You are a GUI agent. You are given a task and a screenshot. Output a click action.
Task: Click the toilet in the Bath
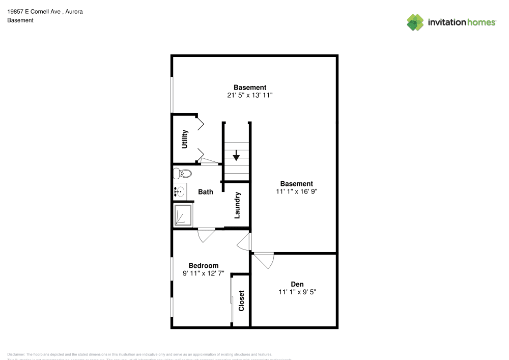[180, 173]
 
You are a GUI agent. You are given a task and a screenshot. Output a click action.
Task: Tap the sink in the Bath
[180, 192]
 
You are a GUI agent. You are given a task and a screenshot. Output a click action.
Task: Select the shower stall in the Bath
[183, 215]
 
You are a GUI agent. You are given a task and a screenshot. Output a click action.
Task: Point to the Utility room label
[185, 139]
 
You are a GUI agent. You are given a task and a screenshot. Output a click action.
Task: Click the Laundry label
[237, 205]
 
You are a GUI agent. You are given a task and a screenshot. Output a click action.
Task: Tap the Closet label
[241, 301]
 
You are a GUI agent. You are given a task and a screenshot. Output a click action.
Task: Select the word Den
[297, 284]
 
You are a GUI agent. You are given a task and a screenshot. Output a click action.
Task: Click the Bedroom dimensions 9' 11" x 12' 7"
[204, 273]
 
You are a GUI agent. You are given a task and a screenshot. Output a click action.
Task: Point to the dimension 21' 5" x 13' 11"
[250, 95]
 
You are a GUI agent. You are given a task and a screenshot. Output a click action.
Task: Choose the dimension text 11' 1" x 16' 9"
[297, 191]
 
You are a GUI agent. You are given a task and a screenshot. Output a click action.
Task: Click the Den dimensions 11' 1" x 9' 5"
[297, 292]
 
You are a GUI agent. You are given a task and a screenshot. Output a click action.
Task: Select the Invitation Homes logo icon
[415, 22]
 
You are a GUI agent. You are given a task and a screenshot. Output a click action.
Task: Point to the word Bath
[206, 192]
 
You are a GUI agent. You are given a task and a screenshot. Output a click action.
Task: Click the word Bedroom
[204, 265]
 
